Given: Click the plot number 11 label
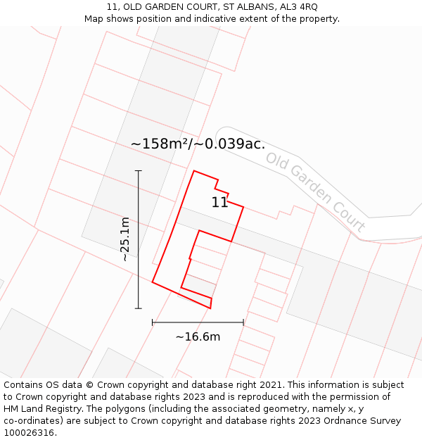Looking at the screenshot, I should tap(219, 203).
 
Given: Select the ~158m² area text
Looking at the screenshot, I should tap(160, 144).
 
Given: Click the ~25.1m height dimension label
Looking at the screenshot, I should tap(125, 239).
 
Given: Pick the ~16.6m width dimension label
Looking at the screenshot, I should tap(198, 337).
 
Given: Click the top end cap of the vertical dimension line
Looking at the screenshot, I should tap(138, 170).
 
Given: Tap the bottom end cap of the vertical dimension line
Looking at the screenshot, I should tap(138, 308).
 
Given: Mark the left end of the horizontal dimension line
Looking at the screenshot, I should tap(153, 322).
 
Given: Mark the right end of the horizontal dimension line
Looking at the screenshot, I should tap(243, 322).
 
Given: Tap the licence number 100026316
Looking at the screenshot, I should tap(30, 432).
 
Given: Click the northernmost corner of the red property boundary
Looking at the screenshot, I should tap(194, 170).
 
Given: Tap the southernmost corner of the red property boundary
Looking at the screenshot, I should tap(210, 308).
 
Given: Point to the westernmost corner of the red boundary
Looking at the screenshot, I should tap(153, 282).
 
